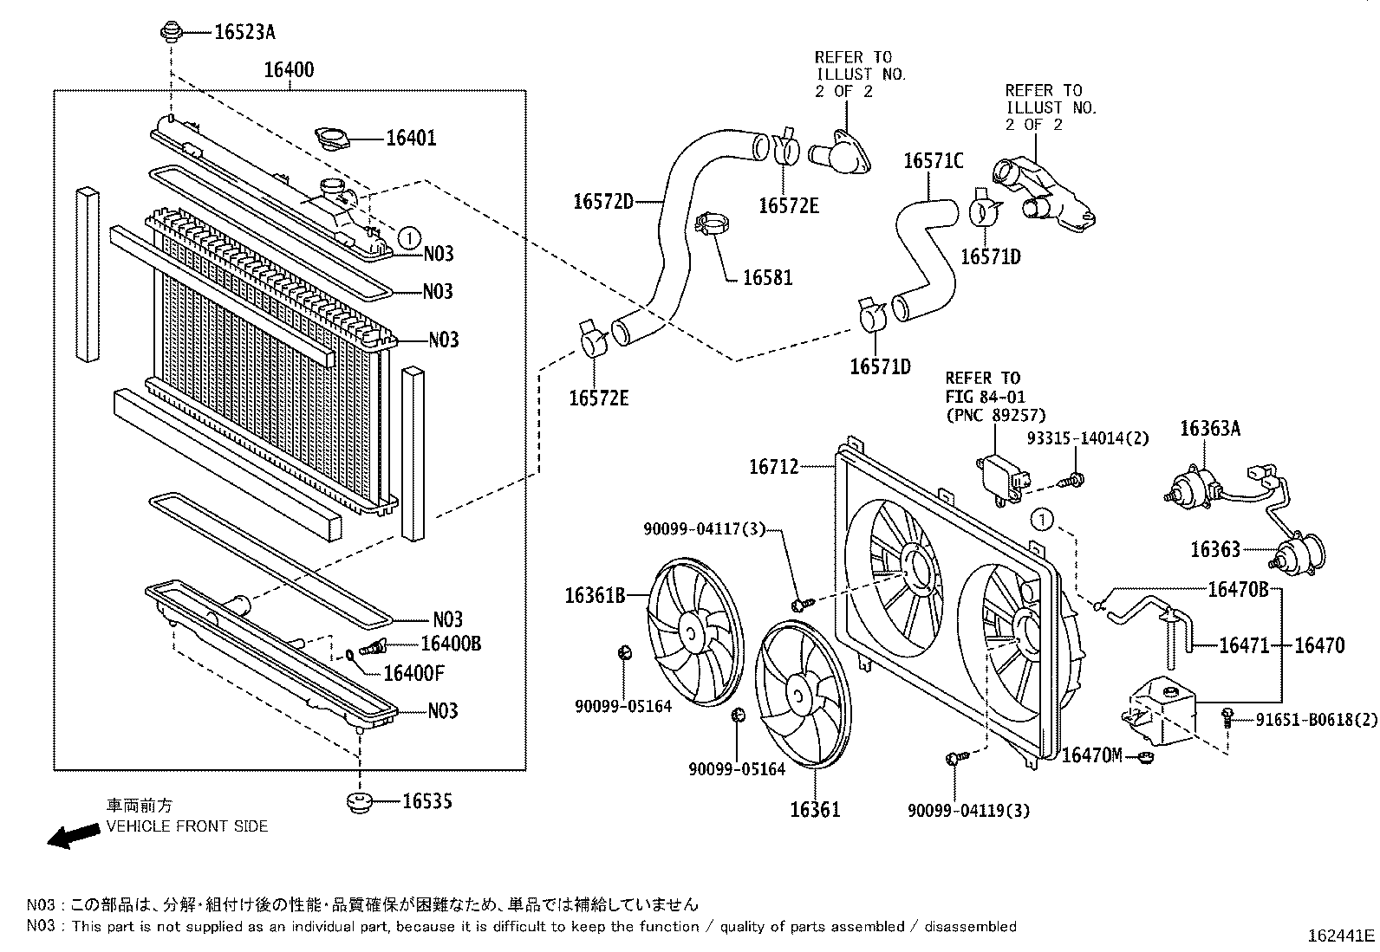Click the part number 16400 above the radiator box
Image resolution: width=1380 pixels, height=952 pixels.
[x=289, y=69]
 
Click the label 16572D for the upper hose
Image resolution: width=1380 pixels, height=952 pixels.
[x=603, y=201]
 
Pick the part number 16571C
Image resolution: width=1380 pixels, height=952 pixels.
[x=934, y=161]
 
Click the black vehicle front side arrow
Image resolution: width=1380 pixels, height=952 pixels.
[x=74, y=836]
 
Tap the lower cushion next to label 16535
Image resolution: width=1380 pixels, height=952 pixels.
[x=359, y=803]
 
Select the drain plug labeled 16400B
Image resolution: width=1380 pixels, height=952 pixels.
[x=370, y=646]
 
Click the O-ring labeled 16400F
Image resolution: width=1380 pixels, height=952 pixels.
[x=350, y=654]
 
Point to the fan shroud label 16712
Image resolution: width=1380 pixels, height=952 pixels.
[x=774, y=467]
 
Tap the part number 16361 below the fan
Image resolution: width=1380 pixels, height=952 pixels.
[x=815, y=809]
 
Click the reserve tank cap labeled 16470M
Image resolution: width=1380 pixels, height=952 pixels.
[x=1145, y=757]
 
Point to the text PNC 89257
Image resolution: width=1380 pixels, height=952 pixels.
[x=996, y=415]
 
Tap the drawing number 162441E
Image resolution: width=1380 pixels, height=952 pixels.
[x=1341, y=936]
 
